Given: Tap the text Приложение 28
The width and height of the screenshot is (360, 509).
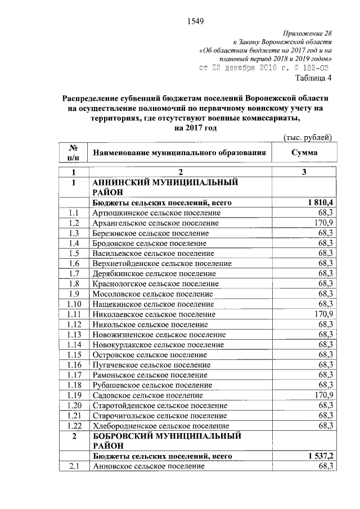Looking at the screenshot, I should tap(308, 34).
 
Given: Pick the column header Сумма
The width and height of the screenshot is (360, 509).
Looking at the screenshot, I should tap(304, 153).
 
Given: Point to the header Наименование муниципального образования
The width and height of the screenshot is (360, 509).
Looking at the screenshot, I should tap(179, 153).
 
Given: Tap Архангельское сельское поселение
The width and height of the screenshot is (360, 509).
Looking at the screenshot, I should tap(156, 223).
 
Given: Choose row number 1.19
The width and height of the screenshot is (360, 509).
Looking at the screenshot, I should tap(73, 395).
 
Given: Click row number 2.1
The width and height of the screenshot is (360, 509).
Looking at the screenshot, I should tap(73, 466).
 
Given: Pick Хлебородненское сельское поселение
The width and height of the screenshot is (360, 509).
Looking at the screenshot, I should tap(161, 426).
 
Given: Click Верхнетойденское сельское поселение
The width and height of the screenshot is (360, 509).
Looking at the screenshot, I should tap(162, 263).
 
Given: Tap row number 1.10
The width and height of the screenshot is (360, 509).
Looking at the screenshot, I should tap(73, 304).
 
